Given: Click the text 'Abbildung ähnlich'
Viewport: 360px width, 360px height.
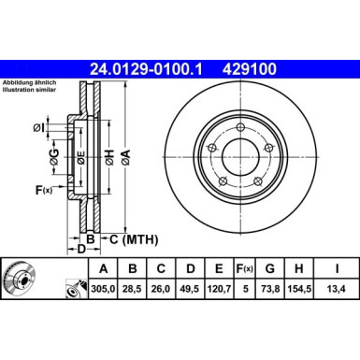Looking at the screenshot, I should [x=28, y=82].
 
